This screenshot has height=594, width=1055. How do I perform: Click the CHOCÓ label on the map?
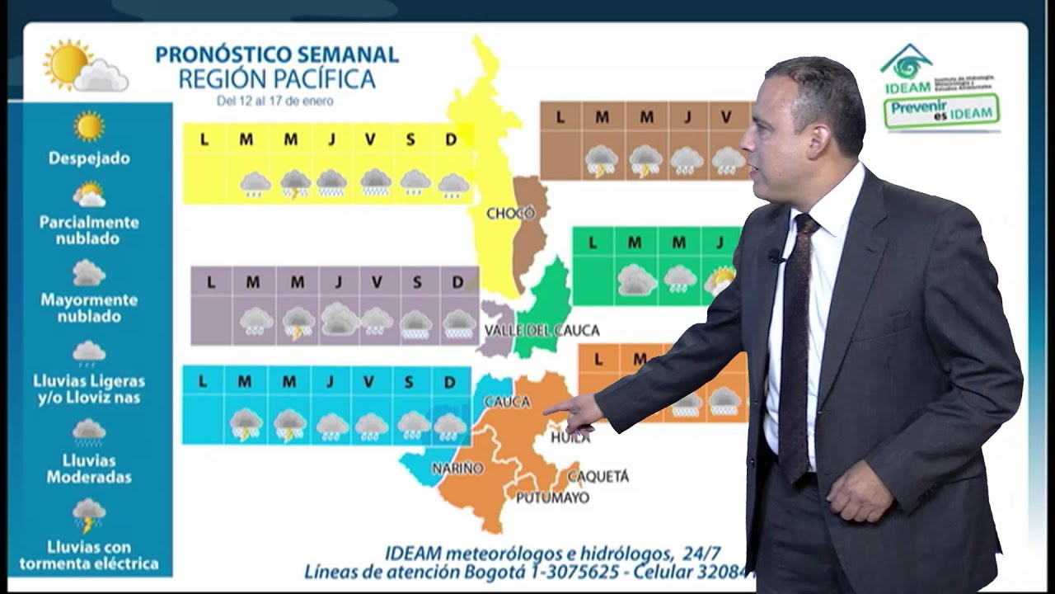pos(510,214)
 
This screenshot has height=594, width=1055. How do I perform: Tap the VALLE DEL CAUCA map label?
pos(542,331)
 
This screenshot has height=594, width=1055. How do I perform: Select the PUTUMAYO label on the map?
pos(552,497)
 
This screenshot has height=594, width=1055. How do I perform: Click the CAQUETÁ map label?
pos(598,476)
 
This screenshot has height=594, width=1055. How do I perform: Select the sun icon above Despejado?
pos(88,126)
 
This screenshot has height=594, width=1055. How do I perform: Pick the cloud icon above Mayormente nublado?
pos(88,272)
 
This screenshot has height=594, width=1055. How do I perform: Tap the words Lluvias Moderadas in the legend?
pos(88,469)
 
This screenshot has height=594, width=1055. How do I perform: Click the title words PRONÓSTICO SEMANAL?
pos(277,55)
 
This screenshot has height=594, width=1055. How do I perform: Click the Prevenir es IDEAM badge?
pos(941,111)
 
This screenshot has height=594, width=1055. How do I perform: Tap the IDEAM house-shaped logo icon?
pos(906,63)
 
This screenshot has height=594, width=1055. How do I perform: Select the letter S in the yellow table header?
pos(410,139)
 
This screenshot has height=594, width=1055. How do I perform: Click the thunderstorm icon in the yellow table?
pos(295,183)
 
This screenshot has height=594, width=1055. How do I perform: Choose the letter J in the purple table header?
pos(338,282)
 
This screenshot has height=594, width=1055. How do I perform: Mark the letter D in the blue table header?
pos(449,382)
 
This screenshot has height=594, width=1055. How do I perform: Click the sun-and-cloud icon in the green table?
pos(720,280)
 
